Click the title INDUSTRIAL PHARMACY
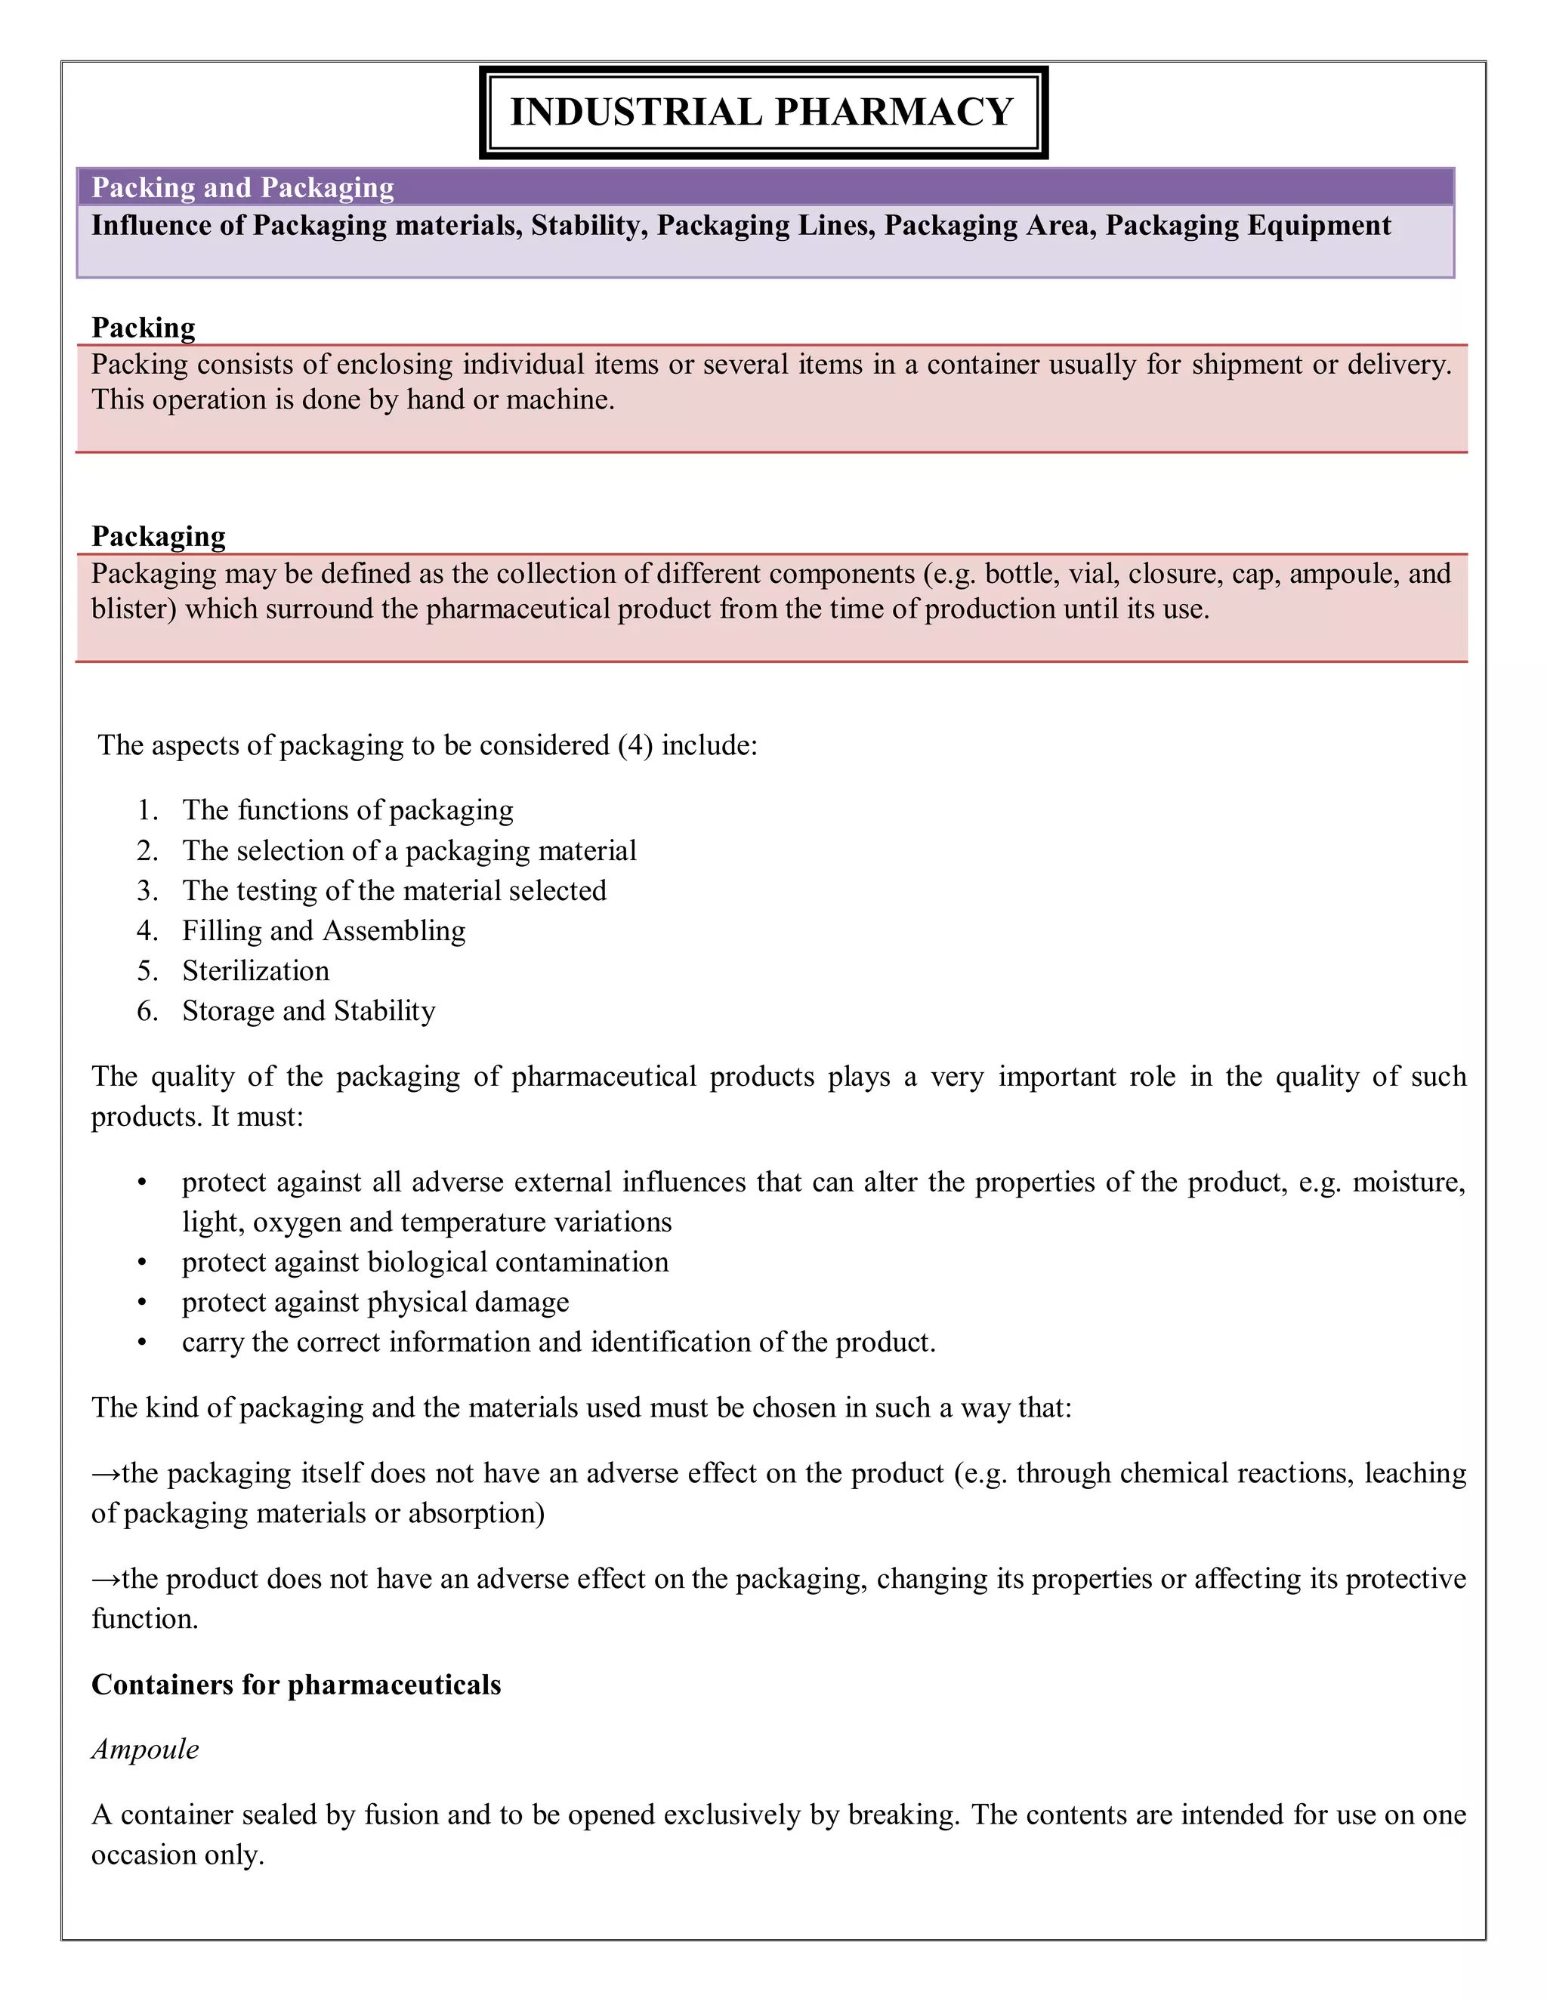[x=761, y=112]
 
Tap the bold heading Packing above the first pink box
[x=143, y=328]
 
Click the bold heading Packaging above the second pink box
[x=159, y=536]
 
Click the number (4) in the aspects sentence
[x=635, y=745]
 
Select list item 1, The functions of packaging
[x=347, y=810]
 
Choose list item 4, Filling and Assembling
[x=323, y=931]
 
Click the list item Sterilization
[x=256, y=971]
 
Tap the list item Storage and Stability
[x=309, y=1010]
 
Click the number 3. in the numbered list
[x=147, y=890]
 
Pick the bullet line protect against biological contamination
[x=425, y=1263]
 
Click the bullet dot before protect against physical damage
[x=142, y=1303]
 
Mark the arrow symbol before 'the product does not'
[x=106, y=1580]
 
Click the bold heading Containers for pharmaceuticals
[x=296, y=1685]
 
